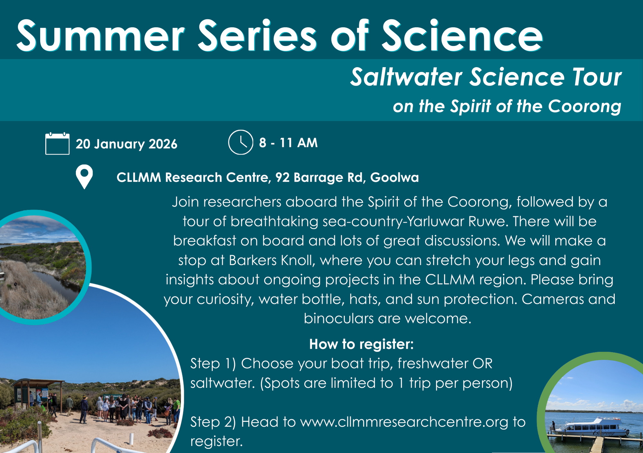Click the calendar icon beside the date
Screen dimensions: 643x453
click(x=57, y=143)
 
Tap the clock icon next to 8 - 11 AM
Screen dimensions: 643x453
click(x=240, y=142)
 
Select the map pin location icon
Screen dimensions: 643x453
click(x=84, y=177)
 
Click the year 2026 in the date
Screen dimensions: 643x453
click(x=163, y=144)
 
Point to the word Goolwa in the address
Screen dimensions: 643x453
click(x=394, y=177)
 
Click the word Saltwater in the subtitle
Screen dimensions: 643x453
click(x=406, y=77)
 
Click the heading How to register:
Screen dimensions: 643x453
click(x=361, y=344)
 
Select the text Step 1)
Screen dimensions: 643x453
click(x=213, y=364)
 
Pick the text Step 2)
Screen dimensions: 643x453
click(x=213, y=422)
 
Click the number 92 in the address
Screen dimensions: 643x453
click(x=283, y=177)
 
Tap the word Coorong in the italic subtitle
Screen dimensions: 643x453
click(x=584, y=106)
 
